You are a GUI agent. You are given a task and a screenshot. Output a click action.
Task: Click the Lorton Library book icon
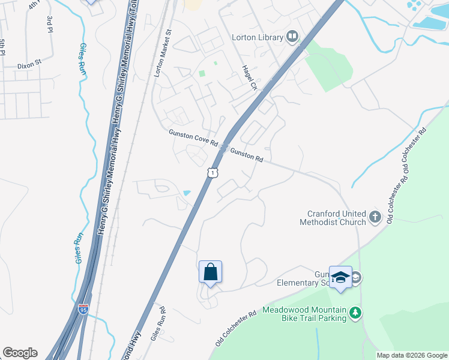pos(292,37)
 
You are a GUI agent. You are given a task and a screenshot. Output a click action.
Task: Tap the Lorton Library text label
pos(257,37)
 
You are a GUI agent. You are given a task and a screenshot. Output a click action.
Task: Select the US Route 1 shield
pos(212,173)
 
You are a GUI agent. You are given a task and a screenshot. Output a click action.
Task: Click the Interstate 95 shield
pos(83,310)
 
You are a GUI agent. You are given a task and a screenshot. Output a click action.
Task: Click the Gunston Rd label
pos(247,155)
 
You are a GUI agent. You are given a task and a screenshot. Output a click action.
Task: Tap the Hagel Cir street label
pos(249,78)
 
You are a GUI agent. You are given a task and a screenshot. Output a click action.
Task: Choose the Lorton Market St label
pos(160,54)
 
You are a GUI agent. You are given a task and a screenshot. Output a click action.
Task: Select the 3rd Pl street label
pos(49,25)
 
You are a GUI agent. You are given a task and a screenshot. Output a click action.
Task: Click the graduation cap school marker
pos(340,277)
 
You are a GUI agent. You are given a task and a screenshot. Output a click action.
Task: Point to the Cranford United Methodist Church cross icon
pos(375,217)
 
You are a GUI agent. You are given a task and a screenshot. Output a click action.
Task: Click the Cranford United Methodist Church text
pos(333,218)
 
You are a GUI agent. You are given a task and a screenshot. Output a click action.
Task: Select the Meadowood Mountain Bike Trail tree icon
pos(356,312)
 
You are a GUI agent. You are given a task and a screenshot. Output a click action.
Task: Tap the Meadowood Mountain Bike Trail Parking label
pos(304,314)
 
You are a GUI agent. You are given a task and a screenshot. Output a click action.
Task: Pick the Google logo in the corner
pos(20,353)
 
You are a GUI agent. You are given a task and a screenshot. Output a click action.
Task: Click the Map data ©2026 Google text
pos(412,355)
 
